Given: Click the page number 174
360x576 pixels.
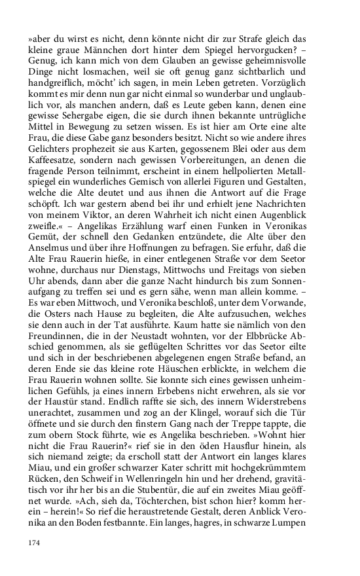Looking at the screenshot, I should (35, 543).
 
